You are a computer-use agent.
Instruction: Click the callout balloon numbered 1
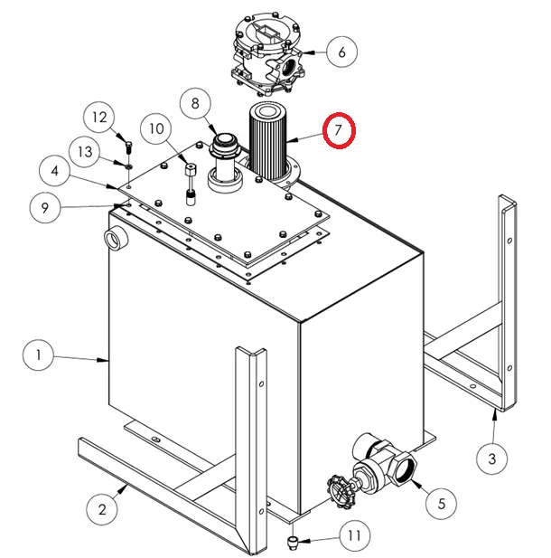[39, 355]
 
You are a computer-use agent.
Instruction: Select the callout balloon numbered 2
[102, 510]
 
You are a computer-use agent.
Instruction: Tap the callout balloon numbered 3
[491, 459]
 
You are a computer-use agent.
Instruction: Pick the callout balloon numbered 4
[55, 170]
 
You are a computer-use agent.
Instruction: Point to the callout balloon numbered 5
[441, 503]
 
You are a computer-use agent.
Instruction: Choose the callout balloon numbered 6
[341, 52]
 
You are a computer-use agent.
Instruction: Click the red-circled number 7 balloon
[338, 130]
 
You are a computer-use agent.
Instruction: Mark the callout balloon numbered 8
[194, 104]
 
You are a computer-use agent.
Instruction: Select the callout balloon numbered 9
[44, 208]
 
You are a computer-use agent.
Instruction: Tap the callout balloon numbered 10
[157, 129]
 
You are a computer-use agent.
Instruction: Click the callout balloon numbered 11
[354, 536]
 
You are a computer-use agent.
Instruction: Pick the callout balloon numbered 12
[101, 117]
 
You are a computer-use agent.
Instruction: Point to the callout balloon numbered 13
[84, 151]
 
